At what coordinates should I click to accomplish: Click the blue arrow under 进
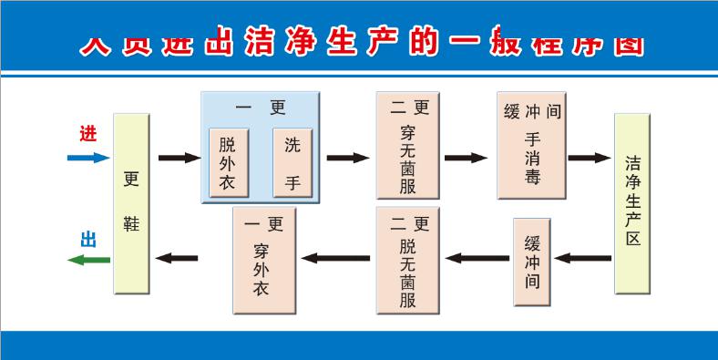pos(88,158)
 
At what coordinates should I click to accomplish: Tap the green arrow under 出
pos(88,260)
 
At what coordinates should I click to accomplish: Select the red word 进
pos(87,133)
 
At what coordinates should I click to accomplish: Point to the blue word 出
pos(88,240)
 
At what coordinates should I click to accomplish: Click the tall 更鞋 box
pos(131,203)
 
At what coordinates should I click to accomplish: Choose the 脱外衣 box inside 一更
pos(228,162)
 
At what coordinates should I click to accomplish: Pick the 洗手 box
pos(292,162)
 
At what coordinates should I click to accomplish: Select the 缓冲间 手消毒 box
pos(531,145)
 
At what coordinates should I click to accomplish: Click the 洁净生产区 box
pos(632,203)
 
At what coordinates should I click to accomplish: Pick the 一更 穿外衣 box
pos(265,261)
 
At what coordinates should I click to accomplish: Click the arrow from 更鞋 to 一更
pos(179,158)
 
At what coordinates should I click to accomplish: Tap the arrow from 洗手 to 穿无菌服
pos(347,158)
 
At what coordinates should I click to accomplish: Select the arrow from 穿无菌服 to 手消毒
pos(466,158)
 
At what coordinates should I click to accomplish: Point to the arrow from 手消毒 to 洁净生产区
pos(589,158)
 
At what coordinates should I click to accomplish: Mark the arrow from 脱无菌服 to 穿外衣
pos(336,259)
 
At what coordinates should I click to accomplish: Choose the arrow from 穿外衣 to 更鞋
pos(177,259)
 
